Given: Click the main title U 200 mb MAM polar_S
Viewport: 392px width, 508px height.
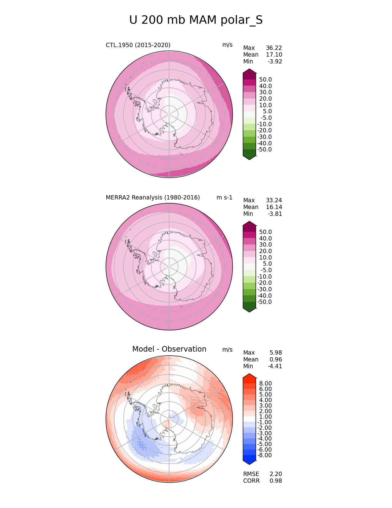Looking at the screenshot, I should pos(196,20).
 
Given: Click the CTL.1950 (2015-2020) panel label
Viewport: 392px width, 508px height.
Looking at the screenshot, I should pos(138,45).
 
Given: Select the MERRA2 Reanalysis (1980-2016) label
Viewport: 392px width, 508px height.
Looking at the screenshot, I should pos(153,198).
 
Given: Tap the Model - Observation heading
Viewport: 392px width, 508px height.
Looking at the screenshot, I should pos(169,349).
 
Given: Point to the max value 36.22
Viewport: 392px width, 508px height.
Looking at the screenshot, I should pos(274,48).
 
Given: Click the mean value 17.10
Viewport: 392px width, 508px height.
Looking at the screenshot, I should pos(274,55).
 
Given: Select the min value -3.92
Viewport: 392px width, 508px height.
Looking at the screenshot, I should pos(275,62).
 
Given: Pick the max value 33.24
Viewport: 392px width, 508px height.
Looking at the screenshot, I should pos(274,200).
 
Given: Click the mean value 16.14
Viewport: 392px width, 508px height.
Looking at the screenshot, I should pos(274,207).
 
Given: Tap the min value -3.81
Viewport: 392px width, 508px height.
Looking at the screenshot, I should pos(275,214).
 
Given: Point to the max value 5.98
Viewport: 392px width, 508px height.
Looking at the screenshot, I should pos(276,353).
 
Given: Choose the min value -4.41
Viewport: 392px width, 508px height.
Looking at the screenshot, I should pos(275,366).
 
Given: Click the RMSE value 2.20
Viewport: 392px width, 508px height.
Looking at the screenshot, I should pos(276,474).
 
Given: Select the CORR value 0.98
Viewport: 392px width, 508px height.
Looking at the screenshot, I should pos(276,481).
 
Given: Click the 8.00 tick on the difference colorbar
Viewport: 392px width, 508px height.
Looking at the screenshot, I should pos(265,383).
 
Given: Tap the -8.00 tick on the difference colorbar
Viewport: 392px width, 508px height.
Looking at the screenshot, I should pos(264,455).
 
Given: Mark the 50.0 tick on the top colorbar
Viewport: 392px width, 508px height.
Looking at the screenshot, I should pos(265,80).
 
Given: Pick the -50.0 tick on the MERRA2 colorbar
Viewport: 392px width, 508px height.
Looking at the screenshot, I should pos(264,302).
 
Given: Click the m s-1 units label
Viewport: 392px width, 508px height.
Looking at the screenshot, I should pos(224,198).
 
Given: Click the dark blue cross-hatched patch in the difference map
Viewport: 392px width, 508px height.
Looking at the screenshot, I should pos(142,445).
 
